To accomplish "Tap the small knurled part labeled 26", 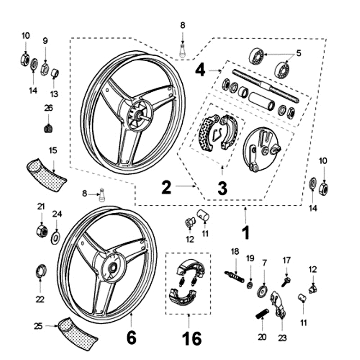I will pos(48,129).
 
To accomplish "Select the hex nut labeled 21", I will pos(41,231).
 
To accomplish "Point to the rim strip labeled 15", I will pos(45,173).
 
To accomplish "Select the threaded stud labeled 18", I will pos(234,275).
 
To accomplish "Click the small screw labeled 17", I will pos(286,281).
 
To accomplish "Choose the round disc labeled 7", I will pos(263,290).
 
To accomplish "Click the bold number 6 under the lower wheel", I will pos(130,337).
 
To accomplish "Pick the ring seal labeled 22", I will pos(40,271).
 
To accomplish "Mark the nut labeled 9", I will pos(45,68).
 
